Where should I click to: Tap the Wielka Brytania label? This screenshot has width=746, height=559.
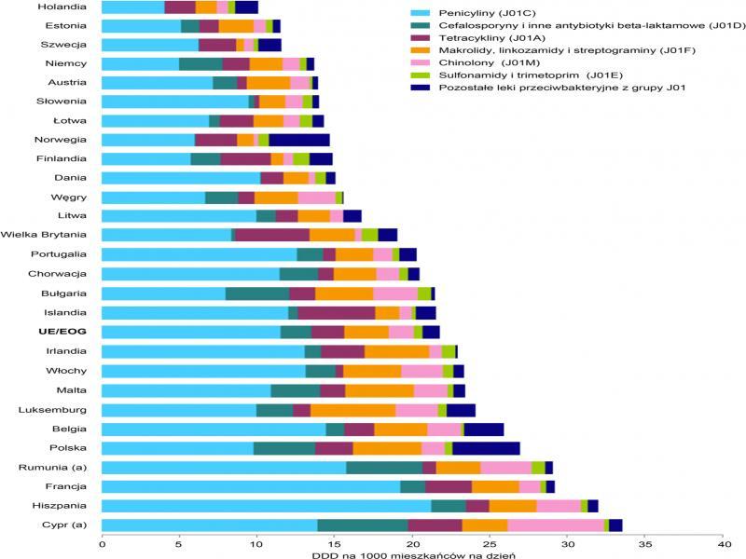45,235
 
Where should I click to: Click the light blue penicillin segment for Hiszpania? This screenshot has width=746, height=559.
266,506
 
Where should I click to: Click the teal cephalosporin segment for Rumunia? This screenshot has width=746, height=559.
384,467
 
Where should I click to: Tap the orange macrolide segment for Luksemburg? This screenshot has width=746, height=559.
353,409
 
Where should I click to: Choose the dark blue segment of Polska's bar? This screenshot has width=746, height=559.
486,448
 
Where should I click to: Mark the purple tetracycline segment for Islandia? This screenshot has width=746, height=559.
337,312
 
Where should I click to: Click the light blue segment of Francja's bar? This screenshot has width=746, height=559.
251,486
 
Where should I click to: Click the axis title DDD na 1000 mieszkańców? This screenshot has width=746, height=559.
412,555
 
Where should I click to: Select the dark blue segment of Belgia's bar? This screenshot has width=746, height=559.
483,429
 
